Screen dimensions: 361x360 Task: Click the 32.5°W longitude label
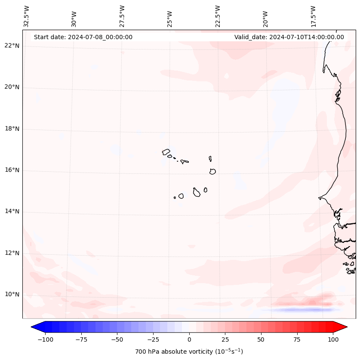tap(27, 16)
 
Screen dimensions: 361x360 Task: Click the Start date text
tap(83, 37)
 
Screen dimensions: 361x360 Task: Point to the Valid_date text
tap(289, 37)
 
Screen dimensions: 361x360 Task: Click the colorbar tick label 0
tap(189, 339)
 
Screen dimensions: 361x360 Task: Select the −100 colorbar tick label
tap(45, 339)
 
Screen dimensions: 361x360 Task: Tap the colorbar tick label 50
tap(261, 339)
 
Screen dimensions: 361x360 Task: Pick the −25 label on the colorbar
tap(153, 339)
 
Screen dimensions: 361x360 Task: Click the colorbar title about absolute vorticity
tap(189, 352)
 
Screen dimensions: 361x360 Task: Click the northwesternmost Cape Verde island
tap(166, 152)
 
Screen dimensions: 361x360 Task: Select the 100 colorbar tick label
tap(332, 339)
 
